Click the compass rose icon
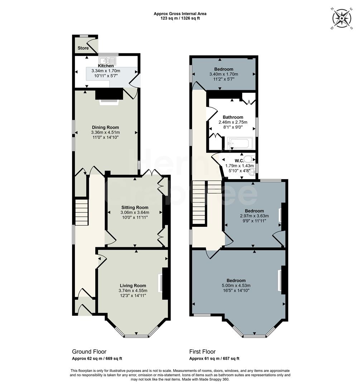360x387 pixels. tap(342, 18)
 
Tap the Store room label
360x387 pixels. tap(83, 48)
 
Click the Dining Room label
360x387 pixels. tap(105, 127)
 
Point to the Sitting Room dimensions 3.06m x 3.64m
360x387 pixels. tap(134, 212)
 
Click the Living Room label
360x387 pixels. tap(133, 286)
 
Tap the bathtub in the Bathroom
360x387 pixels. tap(240, 143)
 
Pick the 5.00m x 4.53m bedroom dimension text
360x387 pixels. tap(236, 286)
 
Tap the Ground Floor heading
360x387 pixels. tap(89, 352)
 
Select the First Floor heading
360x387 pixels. tap(202, 352)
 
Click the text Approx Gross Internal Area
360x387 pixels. tap(180, 14)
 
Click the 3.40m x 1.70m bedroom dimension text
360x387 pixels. tap(224, 74)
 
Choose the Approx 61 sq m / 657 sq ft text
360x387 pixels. tap(214, 359)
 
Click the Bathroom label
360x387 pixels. tap(233, 117)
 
